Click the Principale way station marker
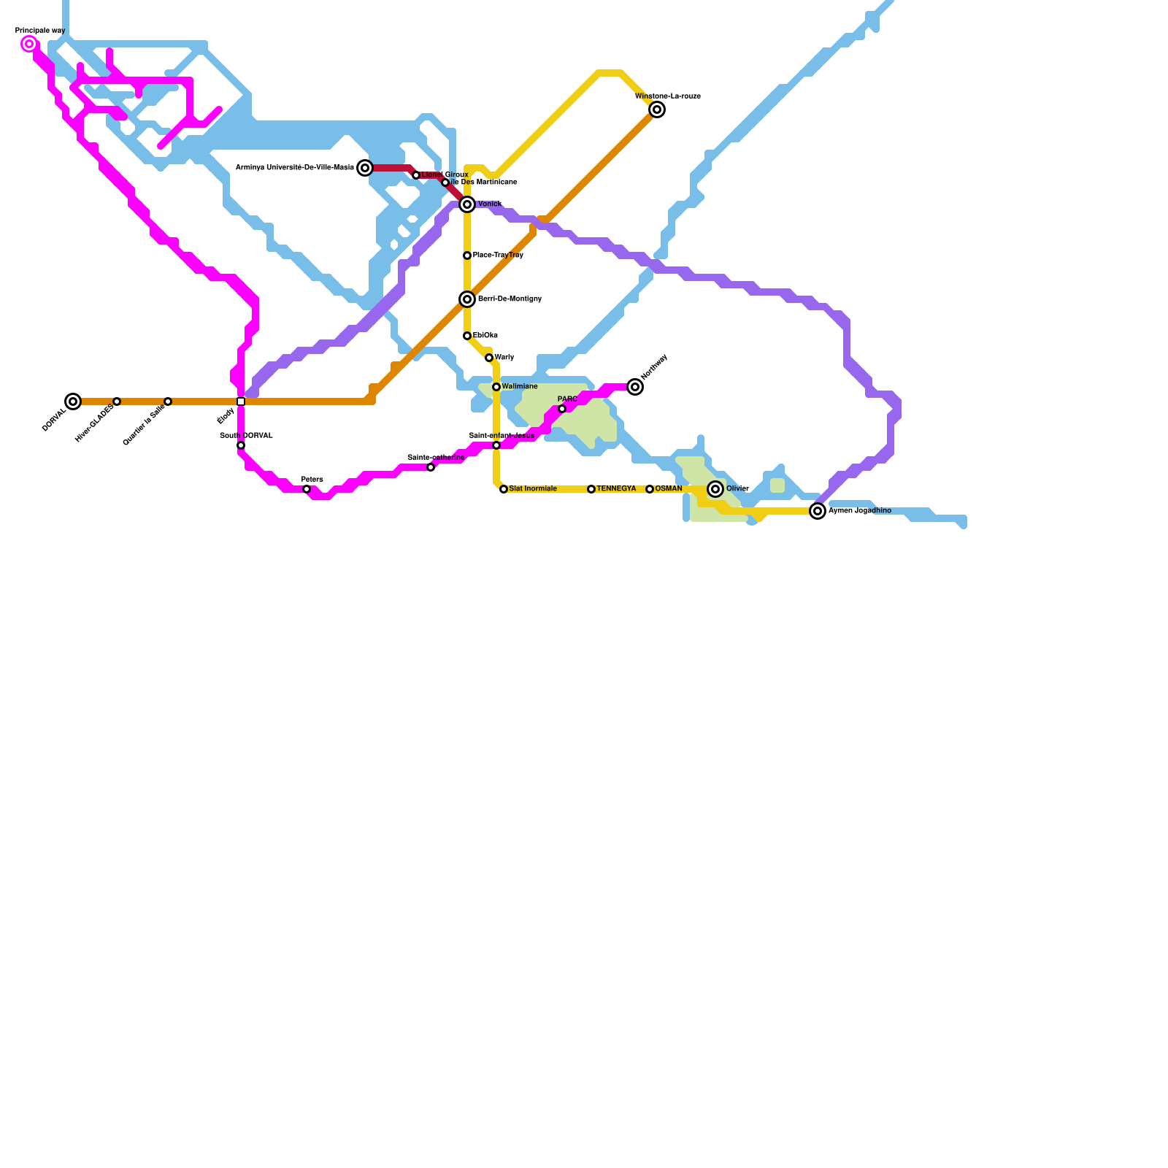point(29,45)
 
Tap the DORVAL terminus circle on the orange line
point(73,401)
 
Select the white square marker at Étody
point(241,401)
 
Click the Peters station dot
point(307,489)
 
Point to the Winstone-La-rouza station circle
point(657,109)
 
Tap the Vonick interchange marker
point(467,204)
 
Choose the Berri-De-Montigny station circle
point(467,299)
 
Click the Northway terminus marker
point(635,387)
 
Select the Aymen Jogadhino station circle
point(818,511)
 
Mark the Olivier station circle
point(715,489)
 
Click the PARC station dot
point(562,409)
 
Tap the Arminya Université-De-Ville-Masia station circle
point(365,168)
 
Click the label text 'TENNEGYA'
point(616,489)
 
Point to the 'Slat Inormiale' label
point(533,489)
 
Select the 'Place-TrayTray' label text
point(498,255)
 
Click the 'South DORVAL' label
point(246,436)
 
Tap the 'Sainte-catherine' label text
point(436,458)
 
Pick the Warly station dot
point(489,358)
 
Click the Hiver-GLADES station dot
point(117,401)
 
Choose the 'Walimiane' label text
point(520,386)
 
